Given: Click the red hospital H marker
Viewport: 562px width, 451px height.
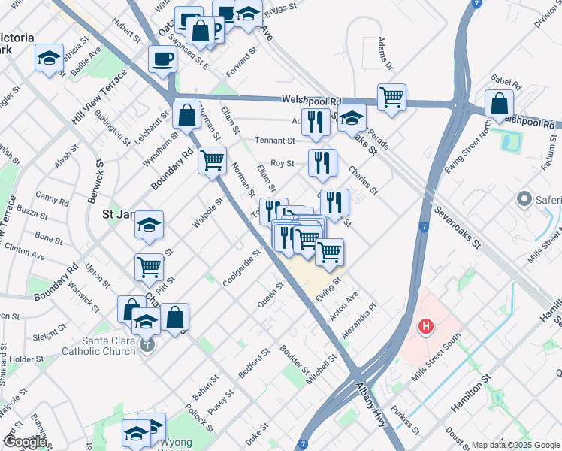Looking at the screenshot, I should point(426,327).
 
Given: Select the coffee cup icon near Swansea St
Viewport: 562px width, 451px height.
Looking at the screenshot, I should point(162,60).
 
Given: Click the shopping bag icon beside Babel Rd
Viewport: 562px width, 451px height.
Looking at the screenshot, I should point(499,105).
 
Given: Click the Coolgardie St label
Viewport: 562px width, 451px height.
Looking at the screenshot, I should point(241,268).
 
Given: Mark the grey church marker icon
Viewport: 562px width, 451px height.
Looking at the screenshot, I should point(147,346).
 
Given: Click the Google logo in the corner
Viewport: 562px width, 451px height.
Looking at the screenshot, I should point(24,442).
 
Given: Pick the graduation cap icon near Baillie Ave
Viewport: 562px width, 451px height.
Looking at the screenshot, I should point(49,59).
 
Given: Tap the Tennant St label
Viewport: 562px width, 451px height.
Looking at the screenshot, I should point(274,141).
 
